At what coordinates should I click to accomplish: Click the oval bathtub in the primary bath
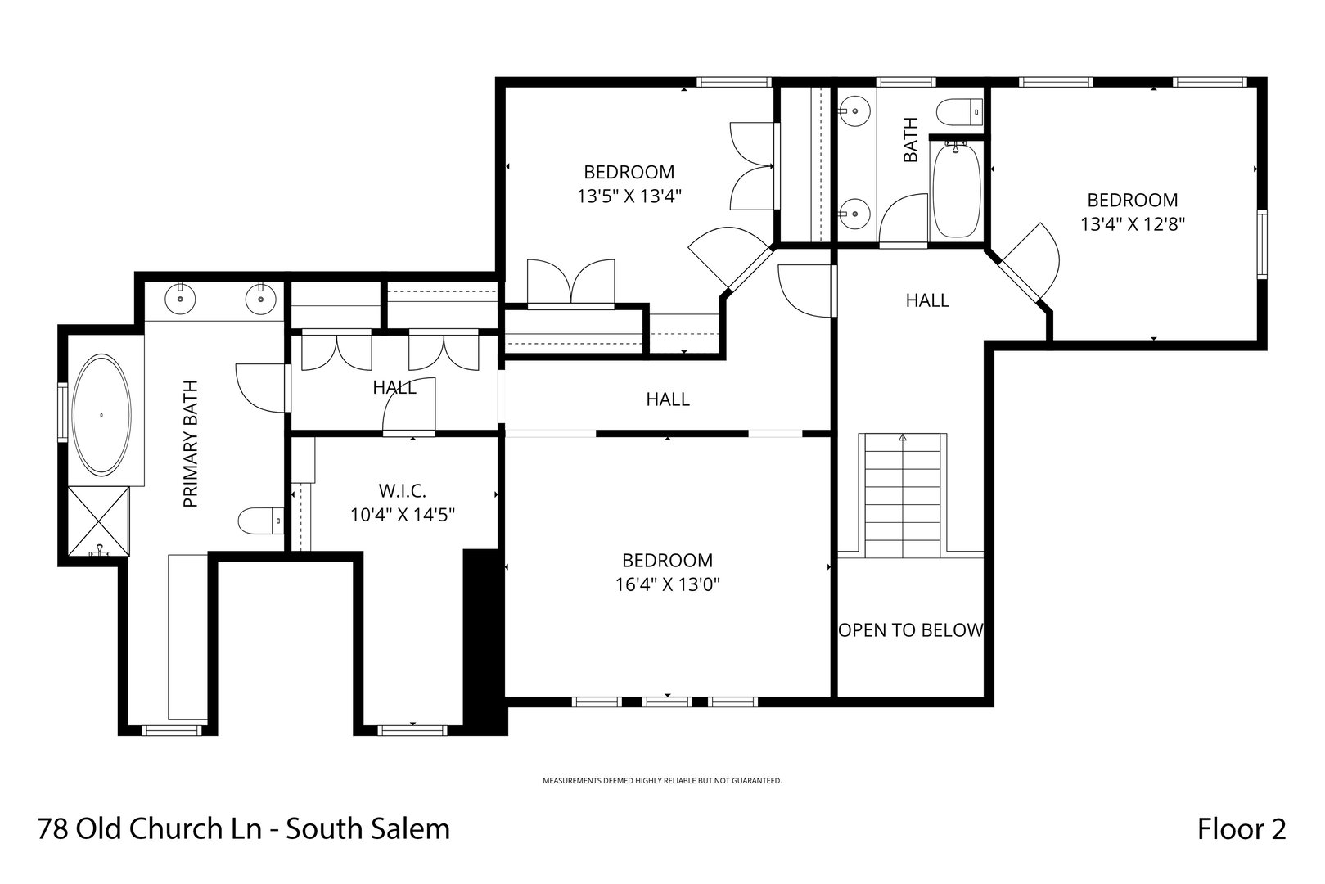click(x=101, y=416)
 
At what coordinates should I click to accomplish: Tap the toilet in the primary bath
click(x=260, y=520)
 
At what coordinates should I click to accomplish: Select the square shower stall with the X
click(x=97, y=521)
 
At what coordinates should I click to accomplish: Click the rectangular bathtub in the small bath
click(x=956, y=190)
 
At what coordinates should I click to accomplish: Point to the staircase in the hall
click(x=903, y=495)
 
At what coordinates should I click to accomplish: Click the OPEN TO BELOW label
click(x=910, y=630)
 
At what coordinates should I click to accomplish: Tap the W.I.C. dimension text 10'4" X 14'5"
click(x=402, y=515)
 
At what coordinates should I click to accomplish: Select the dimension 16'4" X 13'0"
click(x=667, y=584)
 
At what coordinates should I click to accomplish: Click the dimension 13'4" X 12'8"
click(x=1133, y=223)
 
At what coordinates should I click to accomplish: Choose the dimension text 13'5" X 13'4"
click(x=629, y=196)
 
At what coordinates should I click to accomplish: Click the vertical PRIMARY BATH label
click(x=191, y=444)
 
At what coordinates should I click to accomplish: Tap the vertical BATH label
click(x=910, y=140)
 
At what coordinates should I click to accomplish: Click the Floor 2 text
click(x=1242, y=829)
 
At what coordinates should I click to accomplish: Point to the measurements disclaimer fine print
click(x=662, y=781)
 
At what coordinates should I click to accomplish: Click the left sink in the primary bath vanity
click(x=180, y=299)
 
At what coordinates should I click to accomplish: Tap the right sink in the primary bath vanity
click(x=260, y=299)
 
